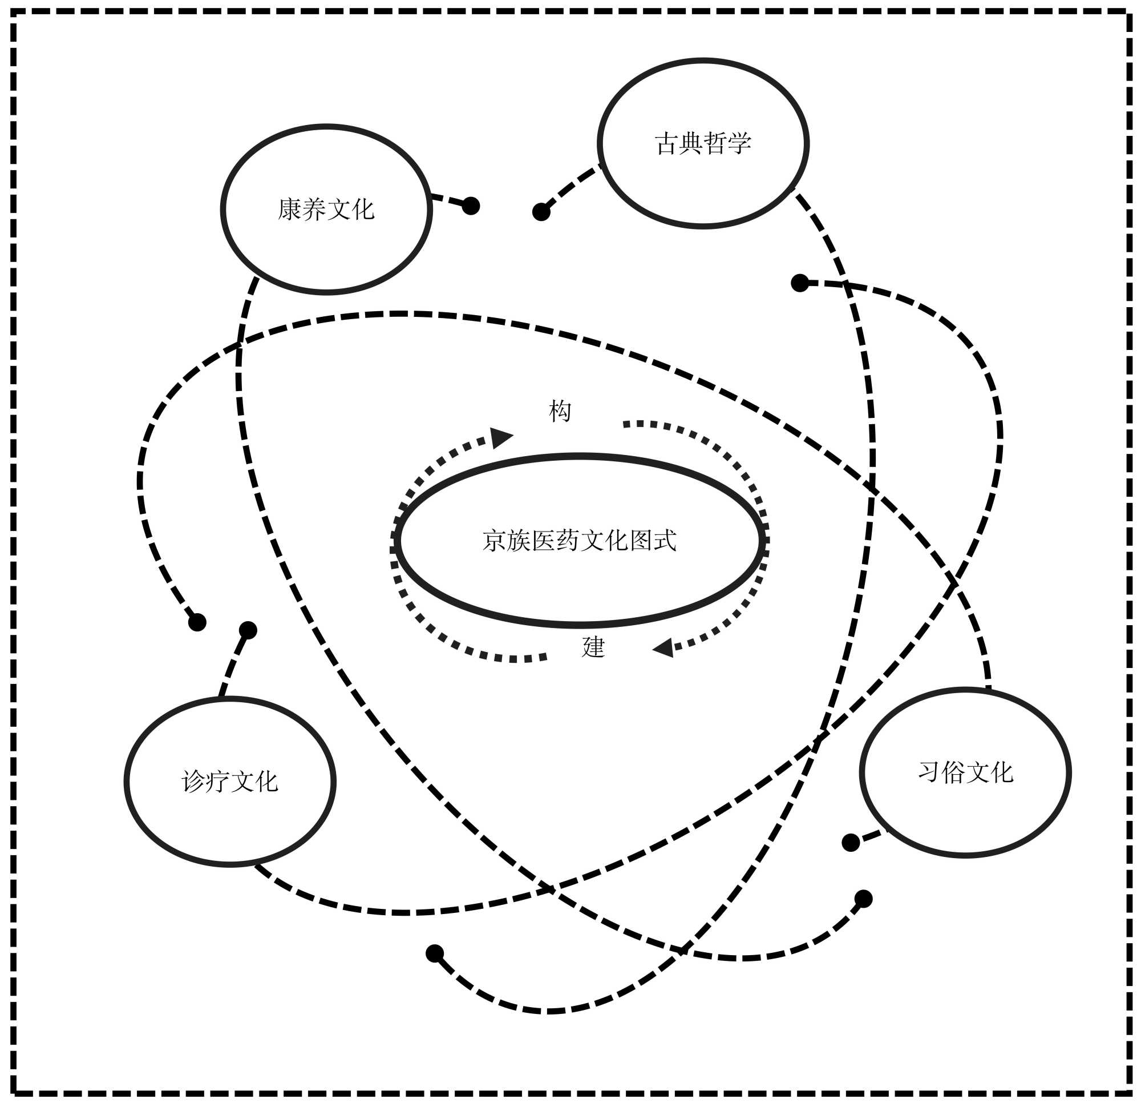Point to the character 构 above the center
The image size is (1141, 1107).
560,411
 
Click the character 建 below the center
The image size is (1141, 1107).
593,647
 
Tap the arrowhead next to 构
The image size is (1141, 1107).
500,437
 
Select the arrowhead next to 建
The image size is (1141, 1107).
664,647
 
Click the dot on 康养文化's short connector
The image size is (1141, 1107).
470,206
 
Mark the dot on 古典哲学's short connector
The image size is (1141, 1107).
541,212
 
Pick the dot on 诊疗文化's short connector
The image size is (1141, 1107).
248,630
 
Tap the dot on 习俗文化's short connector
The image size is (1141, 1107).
851,843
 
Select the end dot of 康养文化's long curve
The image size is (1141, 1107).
863,899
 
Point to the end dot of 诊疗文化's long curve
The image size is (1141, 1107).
800,283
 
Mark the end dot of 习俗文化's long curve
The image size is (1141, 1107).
197,622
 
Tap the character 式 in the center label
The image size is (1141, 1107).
665,541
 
